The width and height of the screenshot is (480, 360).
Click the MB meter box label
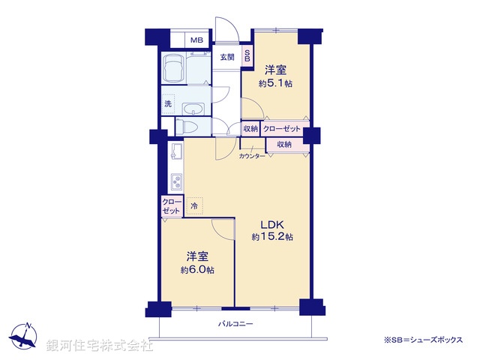[196, 40]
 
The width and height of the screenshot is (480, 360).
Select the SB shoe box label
[247, 57]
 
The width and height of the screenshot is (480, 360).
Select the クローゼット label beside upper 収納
[281, 129]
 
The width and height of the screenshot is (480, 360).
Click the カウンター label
[252, 156]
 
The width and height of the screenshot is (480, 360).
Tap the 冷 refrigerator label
[193, 205]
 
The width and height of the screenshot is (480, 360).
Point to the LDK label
[271, 223]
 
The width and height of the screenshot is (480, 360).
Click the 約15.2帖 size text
[272, 237]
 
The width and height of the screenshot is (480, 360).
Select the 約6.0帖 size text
[197, 269]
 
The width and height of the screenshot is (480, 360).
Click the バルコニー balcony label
[236, 324]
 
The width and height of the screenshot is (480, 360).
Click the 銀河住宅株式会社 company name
[100, 346]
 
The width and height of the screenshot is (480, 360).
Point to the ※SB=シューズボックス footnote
[424, 340]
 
